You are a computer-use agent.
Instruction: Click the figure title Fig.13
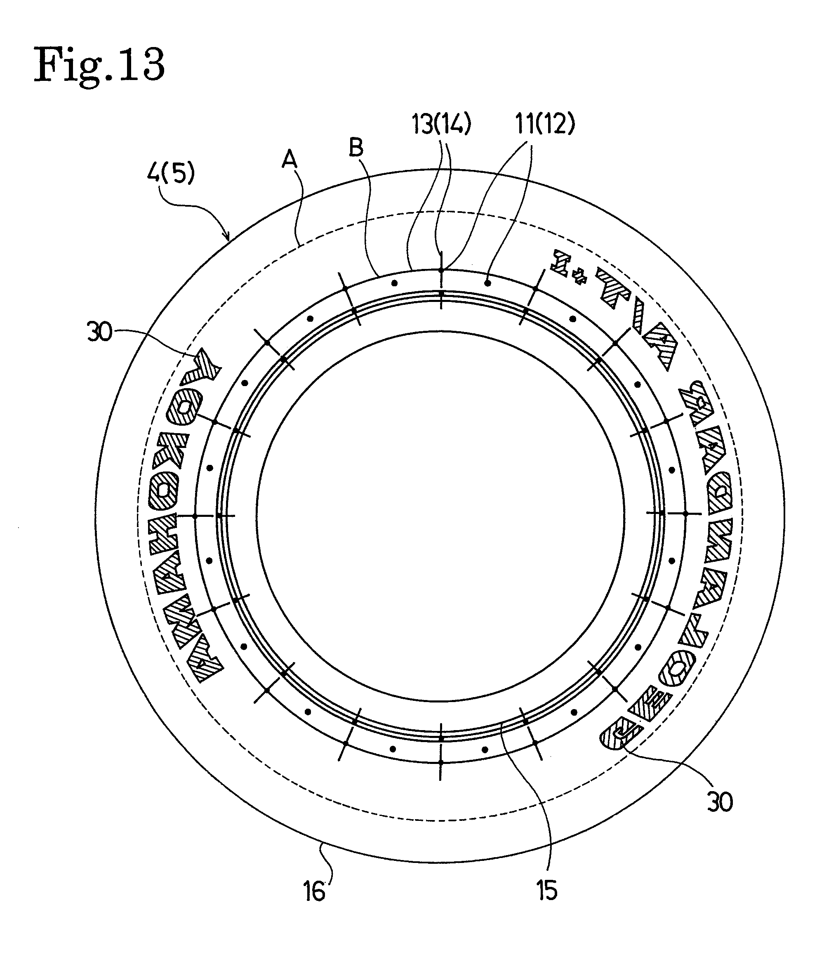[99, 66]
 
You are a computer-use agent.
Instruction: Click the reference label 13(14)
[441, 124]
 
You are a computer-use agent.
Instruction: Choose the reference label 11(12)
[545, 124]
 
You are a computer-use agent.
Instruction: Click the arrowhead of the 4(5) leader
[228, 240]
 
